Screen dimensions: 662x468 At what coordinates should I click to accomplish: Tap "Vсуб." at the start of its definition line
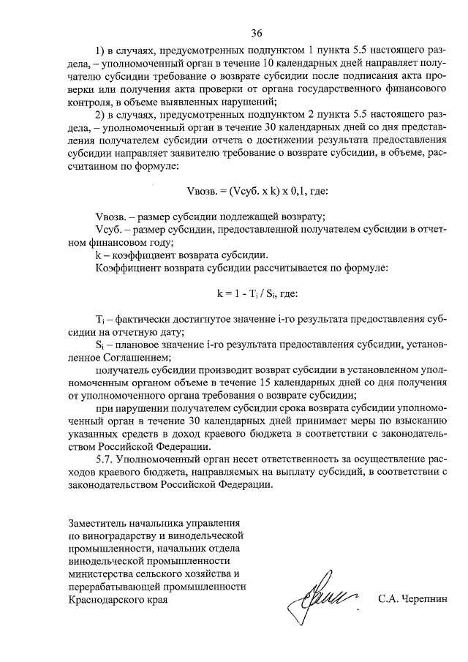click(110, 230)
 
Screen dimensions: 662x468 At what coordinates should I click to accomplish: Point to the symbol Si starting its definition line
click(100, 345)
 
